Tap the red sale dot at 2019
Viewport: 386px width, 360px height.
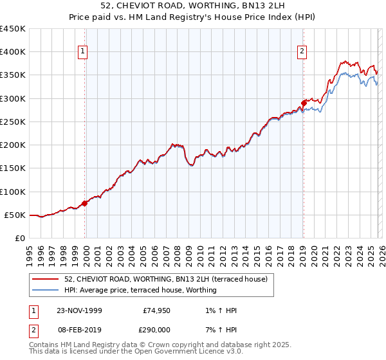click(x=304, y=103)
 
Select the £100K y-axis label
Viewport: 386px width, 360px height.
click(x=13, y=192)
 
